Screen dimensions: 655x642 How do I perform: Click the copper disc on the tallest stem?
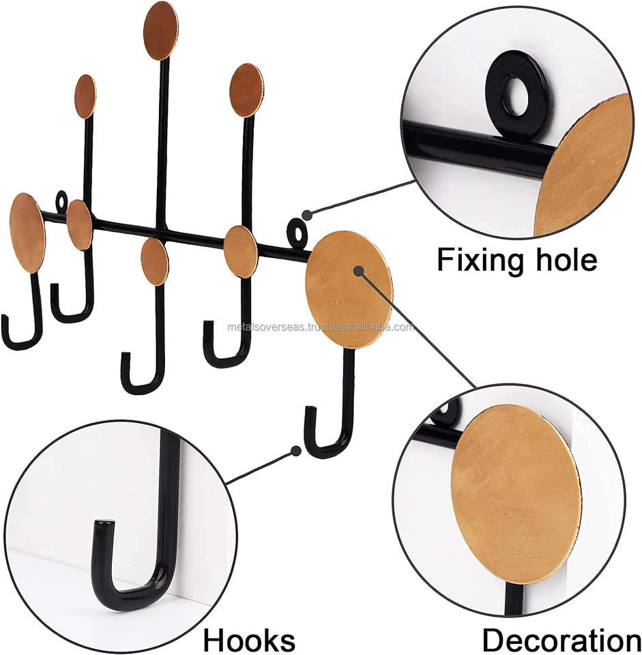pyautogui.click(x=161, y=31)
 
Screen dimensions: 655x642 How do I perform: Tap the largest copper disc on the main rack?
pyautogui.click(x=349, y=289)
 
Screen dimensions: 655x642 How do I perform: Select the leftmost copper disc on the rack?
pyautogui.click(x=27, y=233)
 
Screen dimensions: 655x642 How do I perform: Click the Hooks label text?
pyautogui.click(x=249, y=640)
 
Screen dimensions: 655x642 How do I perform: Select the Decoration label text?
pyautogui.click(x=561, y=640)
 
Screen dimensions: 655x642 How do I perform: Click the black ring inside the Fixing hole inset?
pyautogui.click(x=519, y=96)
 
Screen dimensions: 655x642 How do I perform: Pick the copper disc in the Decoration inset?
pyautogui.click(x=516, y=495)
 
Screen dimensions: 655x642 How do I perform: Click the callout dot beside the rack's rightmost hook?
pyautogui.click(x=295, y=451)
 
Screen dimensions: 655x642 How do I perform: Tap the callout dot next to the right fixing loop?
pyautogui.click(x=307, y=214)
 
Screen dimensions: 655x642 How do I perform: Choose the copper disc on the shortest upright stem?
pyautogui.click(x=85, y=96)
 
